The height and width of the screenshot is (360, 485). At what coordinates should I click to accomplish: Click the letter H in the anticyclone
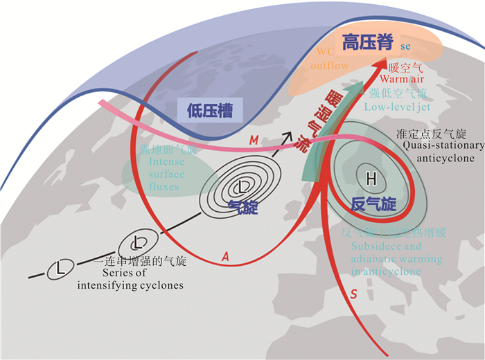point(371,179)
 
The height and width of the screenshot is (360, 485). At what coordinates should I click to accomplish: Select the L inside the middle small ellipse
point(140,242)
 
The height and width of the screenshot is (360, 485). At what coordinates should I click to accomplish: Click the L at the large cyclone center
point(242,188)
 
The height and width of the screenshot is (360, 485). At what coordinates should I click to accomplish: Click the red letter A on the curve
point(224,256)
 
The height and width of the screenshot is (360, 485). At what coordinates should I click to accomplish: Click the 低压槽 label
point(210,109)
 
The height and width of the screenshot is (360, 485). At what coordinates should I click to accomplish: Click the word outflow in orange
point(330,66)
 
